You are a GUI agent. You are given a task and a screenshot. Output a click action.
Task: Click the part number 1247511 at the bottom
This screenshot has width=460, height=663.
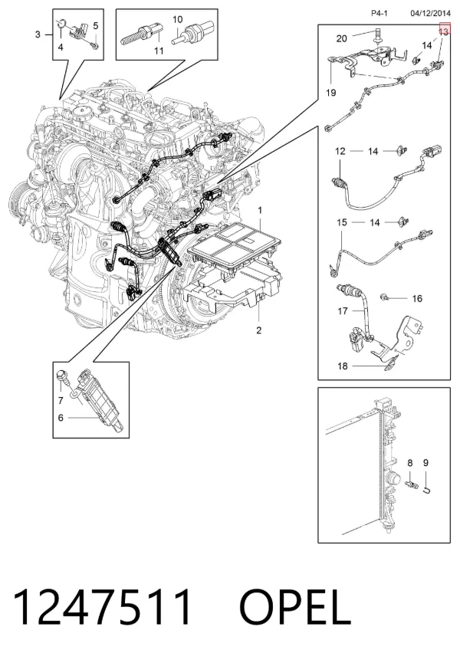102,607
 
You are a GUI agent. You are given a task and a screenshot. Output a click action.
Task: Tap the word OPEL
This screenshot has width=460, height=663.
295,607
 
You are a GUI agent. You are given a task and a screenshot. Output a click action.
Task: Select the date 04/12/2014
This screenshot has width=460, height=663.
430,13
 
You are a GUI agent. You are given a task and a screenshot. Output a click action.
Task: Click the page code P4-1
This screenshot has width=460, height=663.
379,13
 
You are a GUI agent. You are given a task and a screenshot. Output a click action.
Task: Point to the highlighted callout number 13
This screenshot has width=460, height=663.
443,31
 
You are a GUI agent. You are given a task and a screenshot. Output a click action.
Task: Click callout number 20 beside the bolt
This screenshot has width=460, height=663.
342,38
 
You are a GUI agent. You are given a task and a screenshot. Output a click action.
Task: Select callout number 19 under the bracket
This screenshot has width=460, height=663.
331,92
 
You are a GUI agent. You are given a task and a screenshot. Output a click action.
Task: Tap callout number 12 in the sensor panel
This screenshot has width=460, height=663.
340,151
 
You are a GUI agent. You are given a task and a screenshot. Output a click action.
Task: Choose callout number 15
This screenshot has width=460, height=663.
342,222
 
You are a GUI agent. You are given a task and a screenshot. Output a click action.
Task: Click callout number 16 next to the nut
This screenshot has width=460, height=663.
417,298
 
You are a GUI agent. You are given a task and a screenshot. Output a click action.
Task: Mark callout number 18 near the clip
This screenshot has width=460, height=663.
343,366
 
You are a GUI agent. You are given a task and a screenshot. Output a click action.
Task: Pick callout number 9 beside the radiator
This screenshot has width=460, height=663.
426,463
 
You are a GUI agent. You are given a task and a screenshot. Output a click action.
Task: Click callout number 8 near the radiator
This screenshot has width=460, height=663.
409,463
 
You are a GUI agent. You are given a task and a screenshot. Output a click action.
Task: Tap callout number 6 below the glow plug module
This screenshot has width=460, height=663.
61,418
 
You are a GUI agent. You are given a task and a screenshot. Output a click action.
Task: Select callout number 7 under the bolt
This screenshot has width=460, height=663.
61,400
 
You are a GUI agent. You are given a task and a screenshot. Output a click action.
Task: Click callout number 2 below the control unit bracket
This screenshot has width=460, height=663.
259,330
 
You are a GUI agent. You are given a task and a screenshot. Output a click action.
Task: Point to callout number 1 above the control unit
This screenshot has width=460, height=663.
260,210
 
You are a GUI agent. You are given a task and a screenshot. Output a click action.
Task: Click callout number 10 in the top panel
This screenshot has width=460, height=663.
178,19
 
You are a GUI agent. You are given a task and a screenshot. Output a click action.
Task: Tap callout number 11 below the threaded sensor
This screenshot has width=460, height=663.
159,51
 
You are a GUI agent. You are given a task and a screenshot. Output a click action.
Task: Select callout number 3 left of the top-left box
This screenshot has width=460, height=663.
38,34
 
